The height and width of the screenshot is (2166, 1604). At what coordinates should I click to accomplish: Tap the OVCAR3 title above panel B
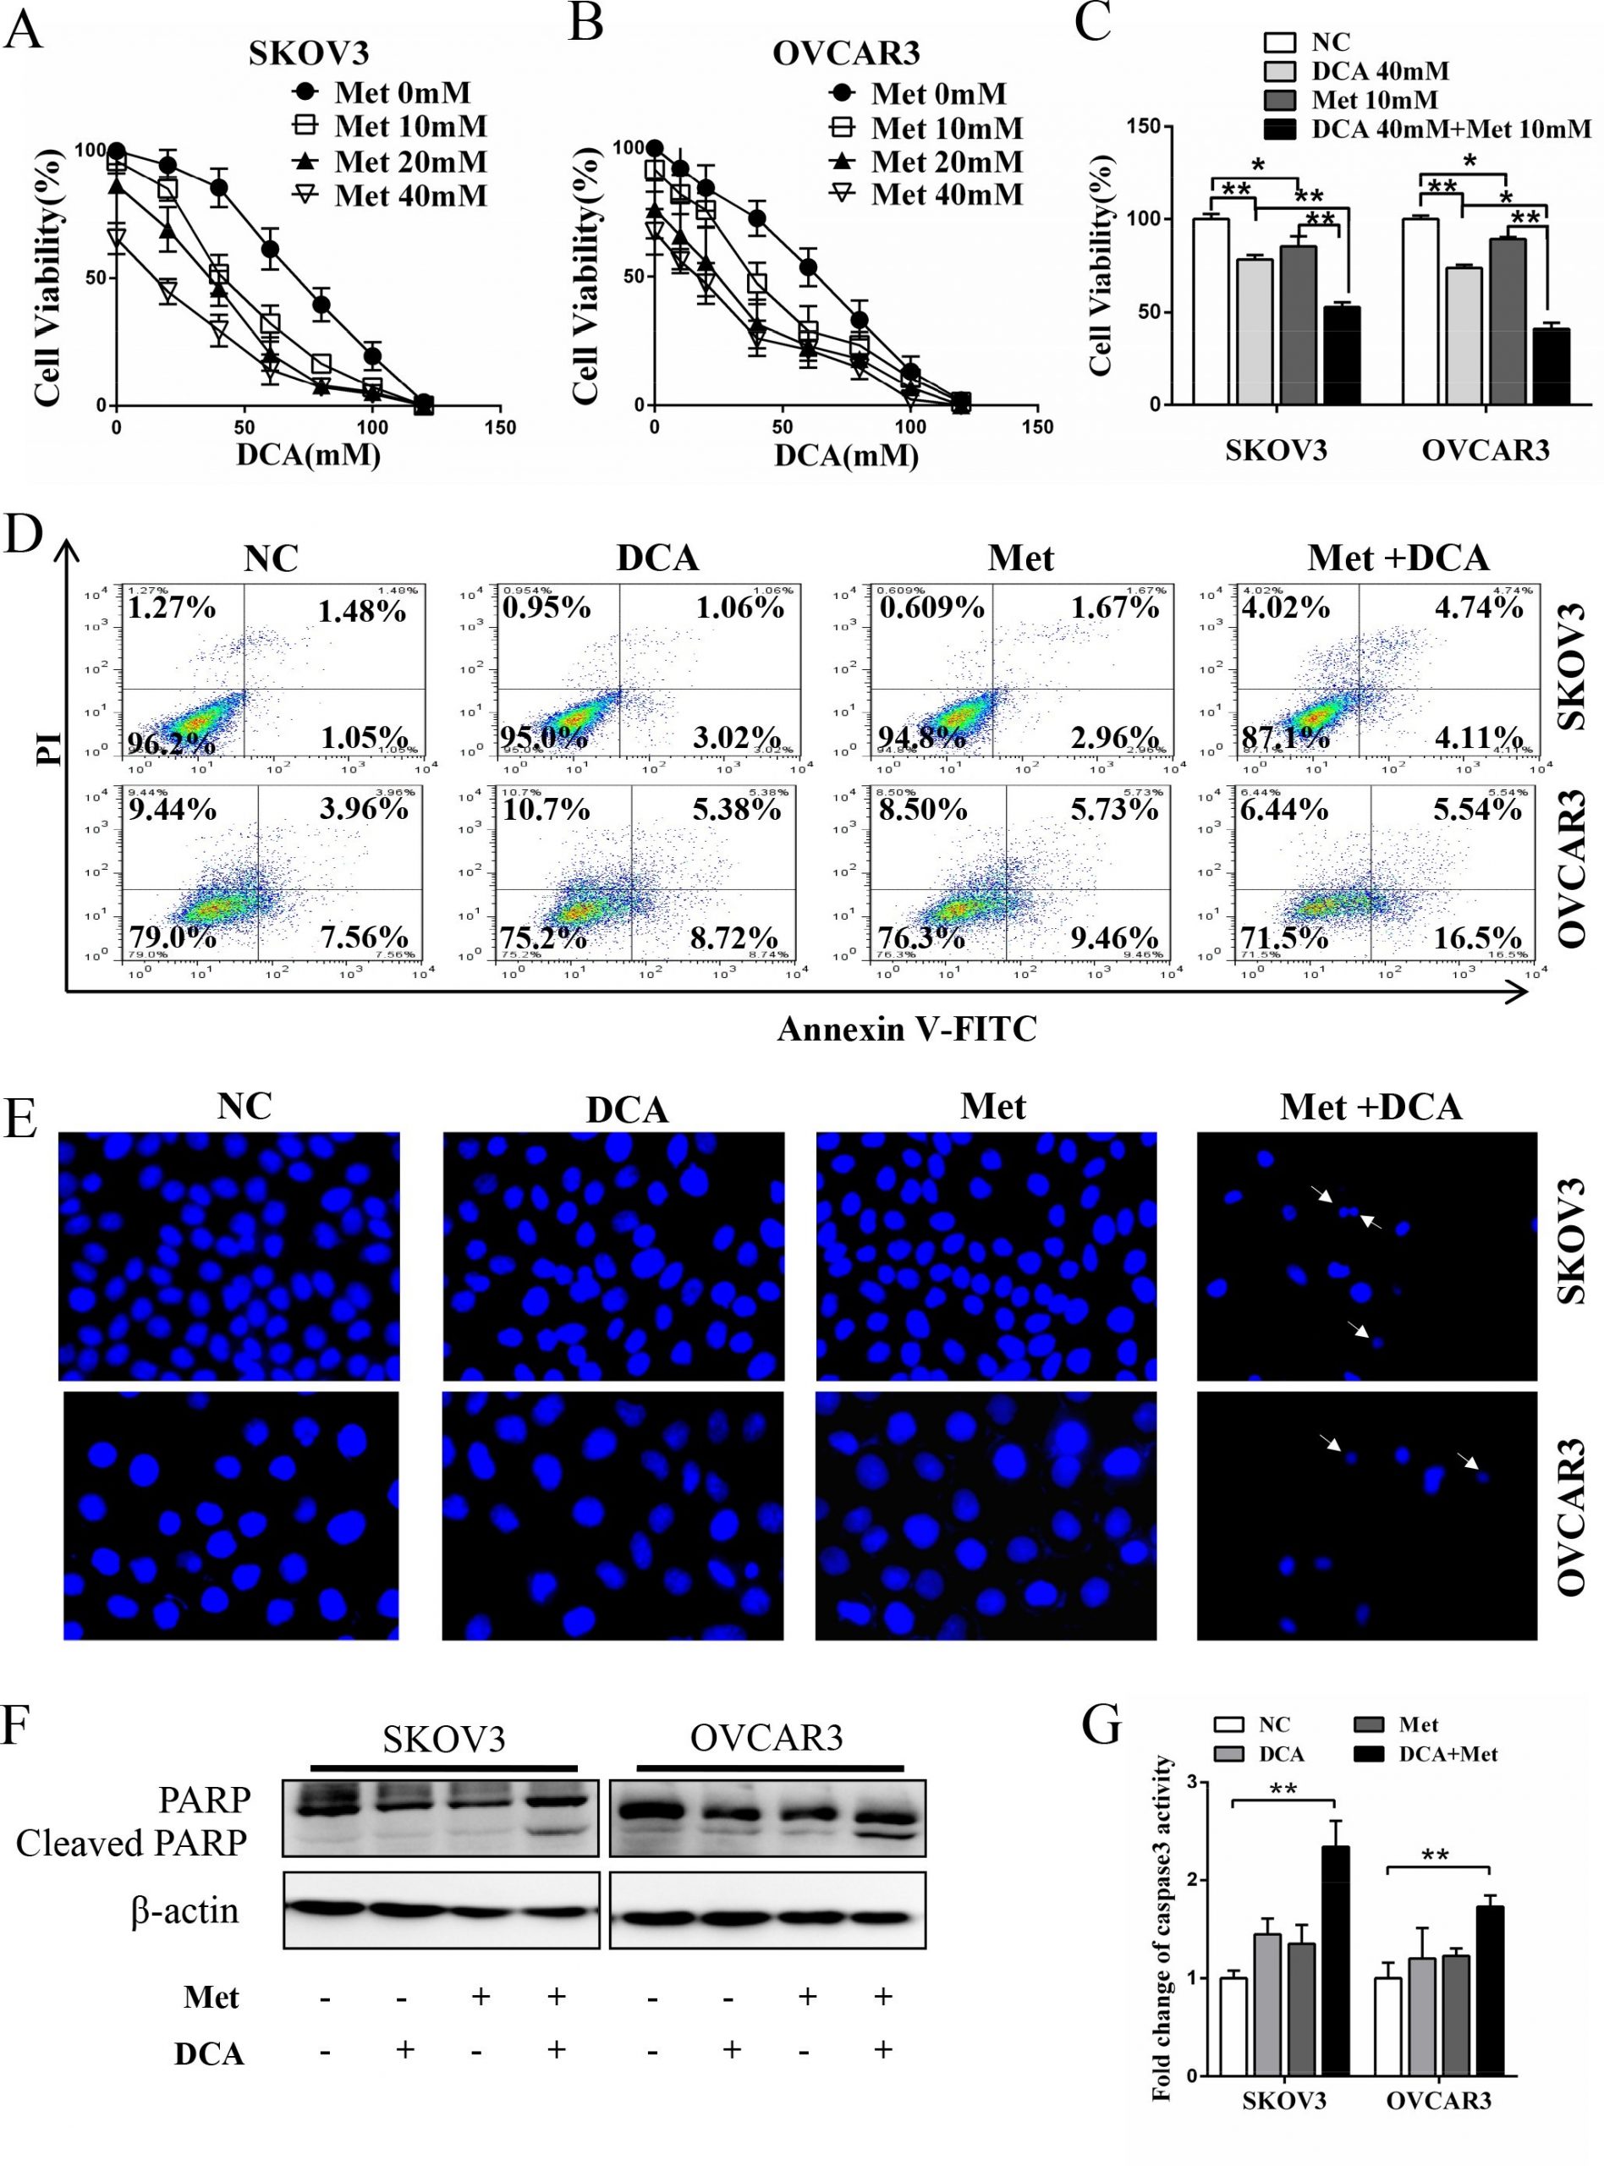pos(846,52)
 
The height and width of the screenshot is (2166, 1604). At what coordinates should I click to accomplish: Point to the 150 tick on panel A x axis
pos(501,427)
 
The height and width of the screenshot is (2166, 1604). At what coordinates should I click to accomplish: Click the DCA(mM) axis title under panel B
pos(846,454)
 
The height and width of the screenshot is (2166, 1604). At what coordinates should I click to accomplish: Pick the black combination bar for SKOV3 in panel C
pos(1342,355)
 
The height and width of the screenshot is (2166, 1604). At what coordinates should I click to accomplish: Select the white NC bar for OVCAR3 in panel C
pos(1420,311)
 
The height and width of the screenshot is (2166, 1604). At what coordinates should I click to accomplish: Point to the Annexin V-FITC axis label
pos(907,1028)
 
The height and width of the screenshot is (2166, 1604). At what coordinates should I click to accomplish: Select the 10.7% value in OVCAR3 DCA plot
pos(545,809)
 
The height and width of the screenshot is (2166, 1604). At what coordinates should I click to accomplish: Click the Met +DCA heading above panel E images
pos(1370,1107)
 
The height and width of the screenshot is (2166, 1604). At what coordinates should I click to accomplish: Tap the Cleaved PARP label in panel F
pos(131,1842)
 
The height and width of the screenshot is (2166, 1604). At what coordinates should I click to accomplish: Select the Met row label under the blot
pos(211,1997)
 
